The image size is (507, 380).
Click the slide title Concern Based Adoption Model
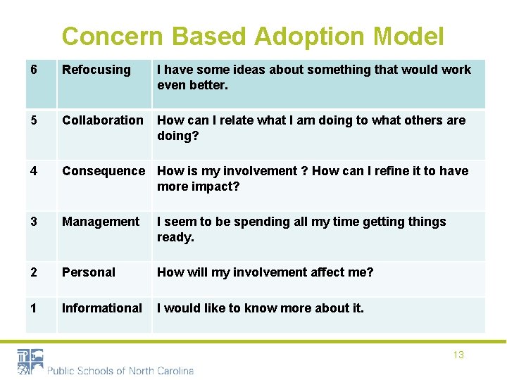tap(253, 36)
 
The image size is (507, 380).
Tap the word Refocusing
tap(96, 70)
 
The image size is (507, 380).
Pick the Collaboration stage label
tap(102, 120)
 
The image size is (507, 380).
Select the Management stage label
tap(101, 222)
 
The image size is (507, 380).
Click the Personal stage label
tap(89, 272)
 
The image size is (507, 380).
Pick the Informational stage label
tap(102, 308)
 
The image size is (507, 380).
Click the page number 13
tap(458, 355)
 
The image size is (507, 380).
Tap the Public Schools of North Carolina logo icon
tap(30, 362)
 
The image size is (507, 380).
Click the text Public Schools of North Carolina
tap(120, 371)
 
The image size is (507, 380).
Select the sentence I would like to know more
tap(260, 308)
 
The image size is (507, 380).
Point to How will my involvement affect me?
tap(265, 272)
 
